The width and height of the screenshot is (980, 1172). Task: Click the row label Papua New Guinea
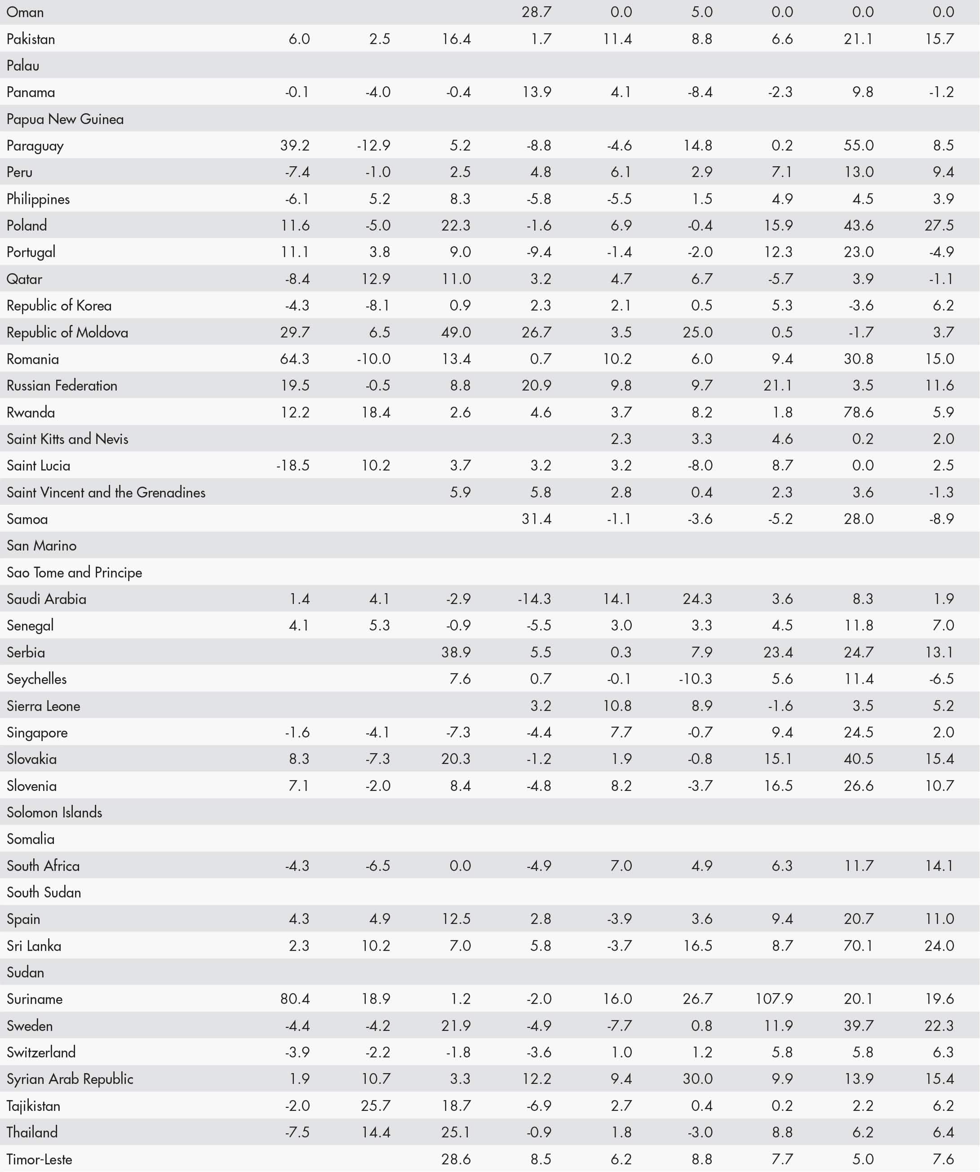click(65, 119)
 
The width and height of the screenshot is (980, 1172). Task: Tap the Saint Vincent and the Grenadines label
click(106, 492)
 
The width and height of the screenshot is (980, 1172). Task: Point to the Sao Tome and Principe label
click(74, 572)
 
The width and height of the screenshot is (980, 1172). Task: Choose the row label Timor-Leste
click(39, 1159)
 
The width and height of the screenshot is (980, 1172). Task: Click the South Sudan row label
click(44, 892)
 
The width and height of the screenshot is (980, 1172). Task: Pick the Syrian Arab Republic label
click(70, 1079)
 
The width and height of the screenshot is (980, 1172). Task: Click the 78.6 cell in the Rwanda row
click(858, 413)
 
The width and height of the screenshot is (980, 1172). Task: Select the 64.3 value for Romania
click(295, 359)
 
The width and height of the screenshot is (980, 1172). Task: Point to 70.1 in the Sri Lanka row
click(858, 946)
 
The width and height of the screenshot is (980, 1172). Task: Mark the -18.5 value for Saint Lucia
click(293, 466)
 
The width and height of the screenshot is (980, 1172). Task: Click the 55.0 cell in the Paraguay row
click(858, 146)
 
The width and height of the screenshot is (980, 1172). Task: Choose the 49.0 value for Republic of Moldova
click(456, 332)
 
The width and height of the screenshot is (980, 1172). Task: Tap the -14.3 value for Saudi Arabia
click(534, 599)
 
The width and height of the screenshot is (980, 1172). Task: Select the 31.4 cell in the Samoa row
click(537, 519)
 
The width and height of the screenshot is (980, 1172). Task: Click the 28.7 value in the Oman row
click(537, 12)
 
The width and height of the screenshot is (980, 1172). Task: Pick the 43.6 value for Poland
click(858, 226)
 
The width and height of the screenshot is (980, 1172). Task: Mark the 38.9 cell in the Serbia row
click(456, 652)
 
